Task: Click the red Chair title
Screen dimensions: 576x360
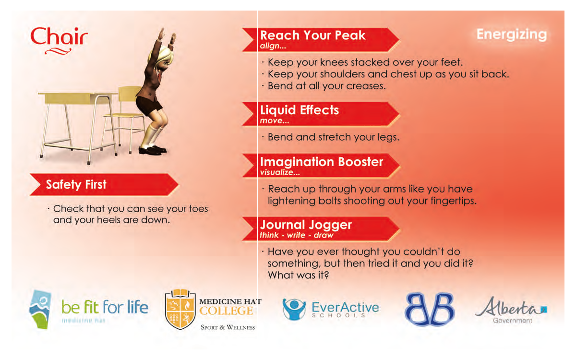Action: click(x=59, y=37)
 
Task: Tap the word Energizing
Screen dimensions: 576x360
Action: click(x=512, y=35)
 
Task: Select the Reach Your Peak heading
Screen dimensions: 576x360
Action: click(x=312, y=35)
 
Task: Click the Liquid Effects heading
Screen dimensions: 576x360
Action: click(x=300, y=110)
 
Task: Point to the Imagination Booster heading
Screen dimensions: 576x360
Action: click(x=322, y=162)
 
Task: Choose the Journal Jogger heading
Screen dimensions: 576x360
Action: click(x=306, y=225)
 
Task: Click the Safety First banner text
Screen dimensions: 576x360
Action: click(x=76, y=184)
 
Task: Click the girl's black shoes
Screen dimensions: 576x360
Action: click(x=153, y=150)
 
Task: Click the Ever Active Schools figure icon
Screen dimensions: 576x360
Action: click(x=294, y=309)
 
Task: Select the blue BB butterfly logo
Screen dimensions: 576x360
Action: click(x=430, y=310)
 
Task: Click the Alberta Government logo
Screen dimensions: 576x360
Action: click(x=511, y=310)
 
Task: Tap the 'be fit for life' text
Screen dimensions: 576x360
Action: click(x=105, y=307)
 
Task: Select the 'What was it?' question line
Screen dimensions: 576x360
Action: click(x=298, y=276)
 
